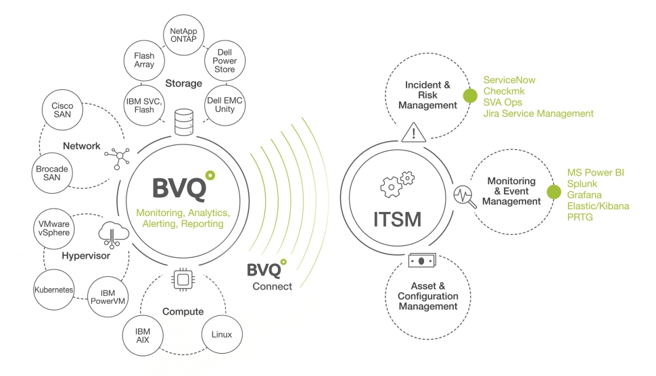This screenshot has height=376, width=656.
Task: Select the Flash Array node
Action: pyautogui.click(x=144, y=60)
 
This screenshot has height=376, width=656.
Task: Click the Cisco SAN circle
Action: pyautogui.click(x=62, y=110)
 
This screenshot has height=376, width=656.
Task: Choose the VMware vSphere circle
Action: pyautogui.click(x=54, y=227)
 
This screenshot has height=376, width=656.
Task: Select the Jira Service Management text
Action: pyautogui.click(x=538, y=113)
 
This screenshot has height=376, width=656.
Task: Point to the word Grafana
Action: pyautogui.click(x=585, y=194)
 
